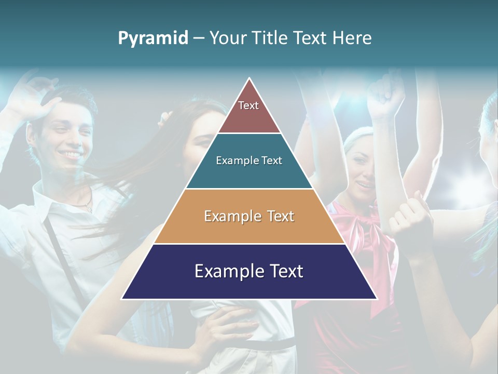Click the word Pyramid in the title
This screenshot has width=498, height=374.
click(153, 38)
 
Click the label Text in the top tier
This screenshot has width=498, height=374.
click(248, 105)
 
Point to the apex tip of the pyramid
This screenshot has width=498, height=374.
click(250, 79)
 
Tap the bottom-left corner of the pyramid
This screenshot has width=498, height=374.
click(122, 298)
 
